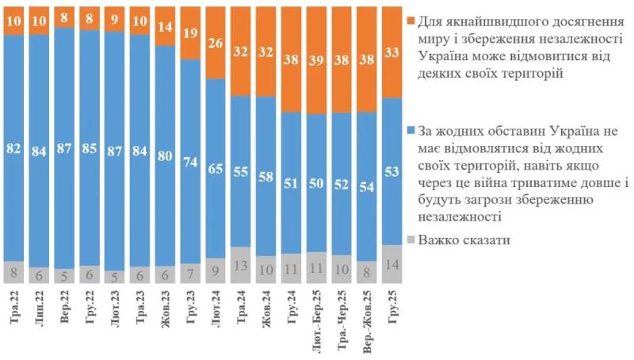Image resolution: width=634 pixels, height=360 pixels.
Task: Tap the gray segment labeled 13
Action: pyautogui.click(x=243, y=265)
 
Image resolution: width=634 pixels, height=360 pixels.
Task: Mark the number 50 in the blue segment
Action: pyautogui.click(x=317, y=184)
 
